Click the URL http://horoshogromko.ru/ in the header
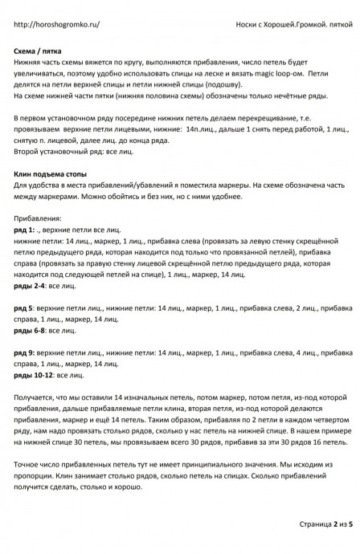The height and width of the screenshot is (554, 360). [56, 25]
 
